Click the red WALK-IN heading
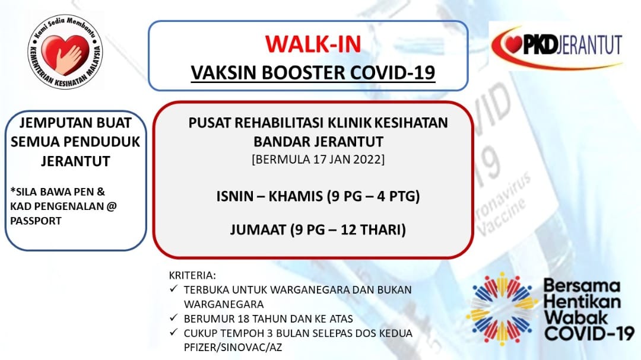[313, 44]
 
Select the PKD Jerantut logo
[557, 46]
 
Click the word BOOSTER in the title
[304, 73]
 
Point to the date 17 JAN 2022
[349, 159]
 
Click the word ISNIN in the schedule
[235, 196]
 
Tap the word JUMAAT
[258, 230]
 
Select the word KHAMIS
[296, 196]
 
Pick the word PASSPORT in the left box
[36, 221]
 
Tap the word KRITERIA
[192, 275]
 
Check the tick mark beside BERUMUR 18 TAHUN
[174, 317]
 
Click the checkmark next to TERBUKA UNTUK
[174, 289]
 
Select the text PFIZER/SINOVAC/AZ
[233, 348]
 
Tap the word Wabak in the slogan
[576, 317]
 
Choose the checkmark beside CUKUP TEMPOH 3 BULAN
[174, 332]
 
